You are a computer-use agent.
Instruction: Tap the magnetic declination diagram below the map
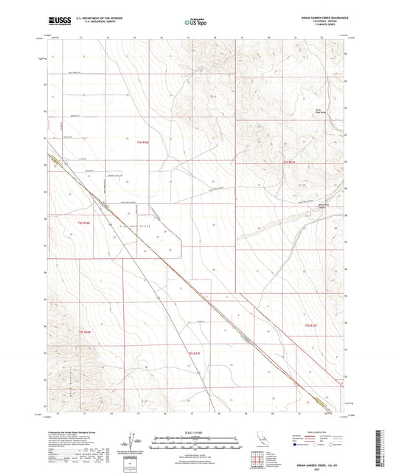pos(136,443)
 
